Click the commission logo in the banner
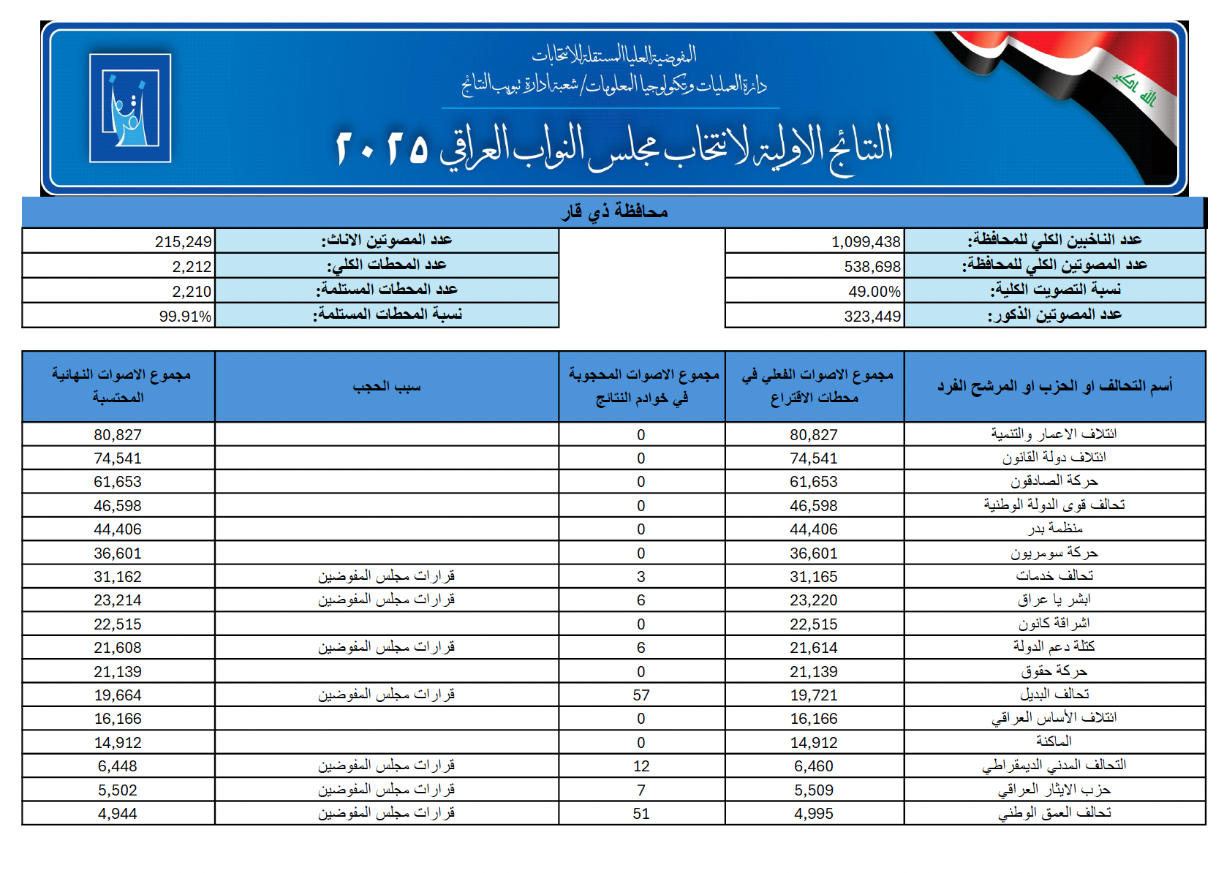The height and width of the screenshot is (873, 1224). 130,107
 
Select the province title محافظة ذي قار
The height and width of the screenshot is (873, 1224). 614,212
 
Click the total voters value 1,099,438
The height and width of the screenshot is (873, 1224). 866,242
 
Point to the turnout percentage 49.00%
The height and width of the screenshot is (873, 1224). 874,292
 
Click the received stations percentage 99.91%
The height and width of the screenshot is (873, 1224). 185,317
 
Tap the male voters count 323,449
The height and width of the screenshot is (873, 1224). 872,317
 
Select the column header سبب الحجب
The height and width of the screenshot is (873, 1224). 387,386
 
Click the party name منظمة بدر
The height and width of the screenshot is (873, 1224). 1054,529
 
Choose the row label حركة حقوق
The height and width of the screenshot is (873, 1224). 1054,671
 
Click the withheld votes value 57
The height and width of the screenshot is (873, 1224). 641,695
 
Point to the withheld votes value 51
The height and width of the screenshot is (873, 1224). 641,814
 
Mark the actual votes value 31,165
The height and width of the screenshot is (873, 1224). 814,577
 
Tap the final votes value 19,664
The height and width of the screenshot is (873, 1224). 118,695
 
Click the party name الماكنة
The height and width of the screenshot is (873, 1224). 1054,742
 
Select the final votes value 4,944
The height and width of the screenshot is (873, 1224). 118,814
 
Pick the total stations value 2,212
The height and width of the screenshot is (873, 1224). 192,267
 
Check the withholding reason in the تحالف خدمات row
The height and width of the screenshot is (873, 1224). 387,576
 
